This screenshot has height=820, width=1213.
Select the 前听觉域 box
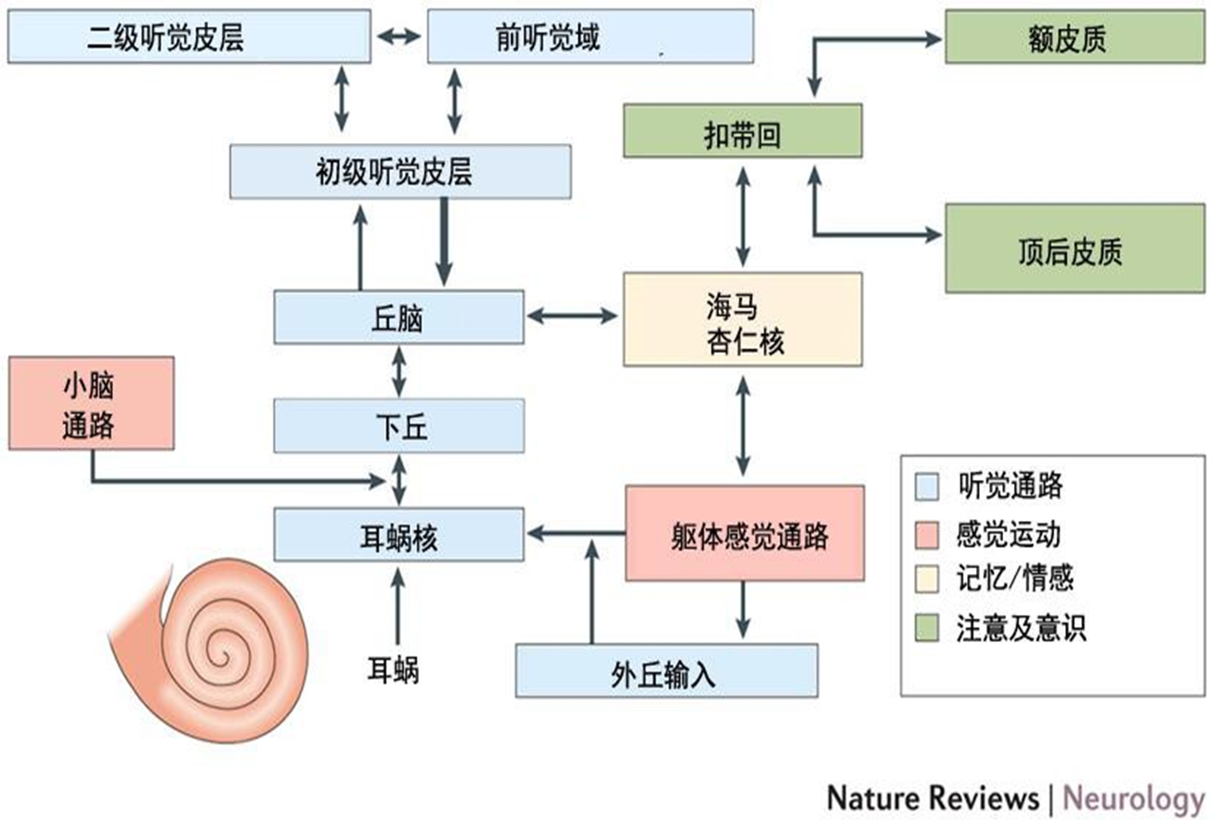pyautogui.click(x=589, y=38)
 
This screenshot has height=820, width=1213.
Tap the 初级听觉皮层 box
pyautogui.click(x=400, y=172)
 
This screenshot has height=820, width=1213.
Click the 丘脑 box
pyautogui.click(x=398, y=317)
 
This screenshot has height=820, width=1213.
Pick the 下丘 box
pyautogui.click(x=398, y=426)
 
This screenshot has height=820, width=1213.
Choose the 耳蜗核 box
pyautogui.click(x=398, y=534)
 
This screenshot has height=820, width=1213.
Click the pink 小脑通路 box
pyautogui.click(x=91, y=404)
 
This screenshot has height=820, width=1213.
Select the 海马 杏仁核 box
pyautogui.click(x=742, y=319)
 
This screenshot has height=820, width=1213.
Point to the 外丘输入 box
pyautogui.click(x=667, y=670)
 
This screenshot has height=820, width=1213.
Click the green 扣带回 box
pyautogui.click(x=742, y=131)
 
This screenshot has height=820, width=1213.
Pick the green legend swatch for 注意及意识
pyautogui.click(x=928, y=628)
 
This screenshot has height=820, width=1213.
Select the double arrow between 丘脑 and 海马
pyautogui.click(x=572, y=317)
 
